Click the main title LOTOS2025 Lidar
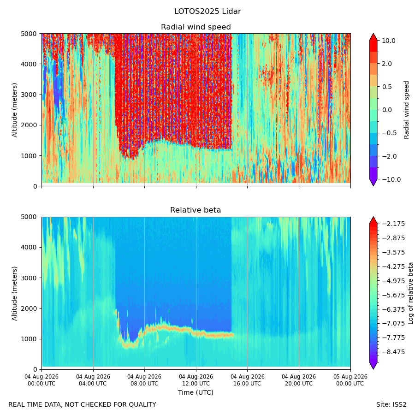point(207,12)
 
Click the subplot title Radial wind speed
point(196,27)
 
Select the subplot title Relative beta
point(196,210)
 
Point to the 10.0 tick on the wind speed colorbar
point(389,41)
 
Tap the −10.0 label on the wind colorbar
point(391,179)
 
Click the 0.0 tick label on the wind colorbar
point(387,110)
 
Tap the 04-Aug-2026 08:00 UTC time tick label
point(144,380)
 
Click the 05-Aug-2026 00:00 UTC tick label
point(350,380)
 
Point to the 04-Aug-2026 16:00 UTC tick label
point(247,380)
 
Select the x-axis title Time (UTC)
point(196,392)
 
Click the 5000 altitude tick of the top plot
point(29,34)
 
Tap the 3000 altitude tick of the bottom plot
point(29,278)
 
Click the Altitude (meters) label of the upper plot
point(14,110)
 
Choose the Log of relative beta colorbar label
point(410,293)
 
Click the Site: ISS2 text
point(391,405)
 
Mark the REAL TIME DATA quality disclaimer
point(83,405)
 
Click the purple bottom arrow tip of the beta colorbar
point(373,369)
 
